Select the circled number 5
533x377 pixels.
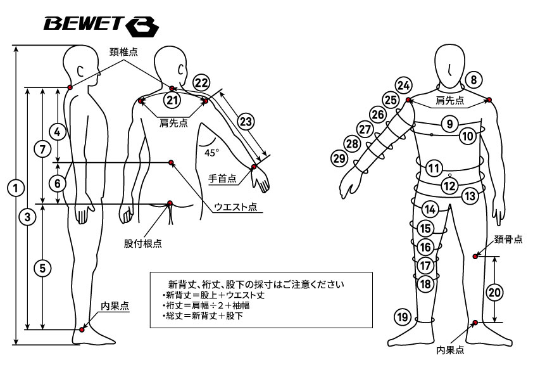click(x=42, y=267)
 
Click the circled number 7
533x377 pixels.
click(x=42, y=150)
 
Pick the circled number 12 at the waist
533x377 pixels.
click(x=449, y=186)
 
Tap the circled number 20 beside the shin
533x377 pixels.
click(x=494, y=292)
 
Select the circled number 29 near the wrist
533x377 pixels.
click(x=339, y=157)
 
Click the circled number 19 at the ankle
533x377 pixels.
click(x=402, y=317)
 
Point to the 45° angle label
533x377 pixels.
click(x=211, y=152)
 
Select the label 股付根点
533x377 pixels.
click(x=142, y=243)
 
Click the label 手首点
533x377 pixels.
click(x=222, y=179)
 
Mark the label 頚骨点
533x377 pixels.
click(x=509, y=239)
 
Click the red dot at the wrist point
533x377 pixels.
click(x=254, y=167)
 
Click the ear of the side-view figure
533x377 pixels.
click(x=80, y=71)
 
